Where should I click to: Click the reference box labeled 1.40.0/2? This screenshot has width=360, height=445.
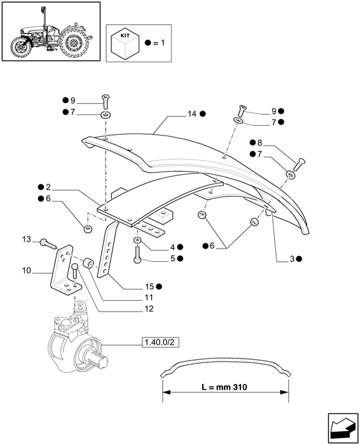pyautogui.click(x=161, y=342)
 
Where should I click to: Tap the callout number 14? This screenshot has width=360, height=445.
pyautogui.click(x=192, y=114)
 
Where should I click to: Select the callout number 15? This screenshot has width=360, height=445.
pyautogui.click(x=149, y=287)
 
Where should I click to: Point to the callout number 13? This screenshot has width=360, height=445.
pyautogui.click(x=27, y=240)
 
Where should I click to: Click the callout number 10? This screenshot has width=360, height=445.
pyautogui.click(x=27, y=271)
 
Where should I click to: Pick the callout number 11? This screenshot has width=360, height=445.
pyautogui.click(x=149, y=298)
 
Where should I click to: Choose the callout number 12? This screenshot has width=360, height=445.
pyautogui.click(x=149, y=308)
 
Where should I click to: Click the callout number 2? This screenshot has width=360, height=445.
pyautogui.click(x=48, y=188)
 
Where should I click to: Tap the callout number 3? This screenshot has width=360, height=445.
pyautogui.click(x=293, y=259)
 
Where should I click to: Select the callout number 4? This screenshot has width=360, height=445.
pyautogui.click(x=172, y=247)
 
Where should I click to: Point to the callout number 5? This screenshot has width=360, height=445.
pyautogui.click(x=172, y=259)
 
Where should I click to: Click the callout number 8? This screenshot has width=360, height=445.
pyautogui.click(x=260, y=143)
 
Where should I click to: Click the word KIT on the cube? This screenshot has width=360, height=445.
pyautogui.click(x=125, y=36)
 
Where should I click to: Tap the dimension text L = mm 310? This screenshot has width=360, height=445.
pyautogui.click(x=225, y=387)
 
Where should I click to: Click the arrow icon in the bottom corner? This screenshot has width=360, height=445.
pyautogui.click(x=343, y=428)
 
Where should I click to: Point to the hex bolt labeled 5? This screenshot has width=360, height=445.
pyautogui.click(x=137, y=254)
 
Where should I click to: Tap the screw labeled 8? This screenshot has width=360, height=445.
pyautogui.click(x=298, y=164)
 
